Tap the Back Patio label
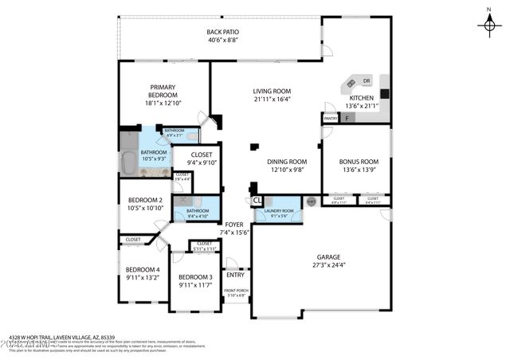pos(223,31)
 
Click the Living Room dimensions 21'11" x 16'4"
pos(272,100)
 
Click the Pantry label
pos(330,119)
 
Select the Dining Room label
pos(287,161)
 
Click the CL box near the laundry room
pos(257,201)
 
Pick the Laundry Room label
pos(282,210)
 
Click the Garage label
pos(328,256)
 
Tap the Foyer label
pos(233,225)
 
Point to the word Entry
pos(235,276)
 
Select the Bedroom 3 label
pos(194,277)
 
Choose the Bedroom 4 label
pos(143,269)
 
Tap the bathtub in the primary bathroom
pos(129,154)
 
